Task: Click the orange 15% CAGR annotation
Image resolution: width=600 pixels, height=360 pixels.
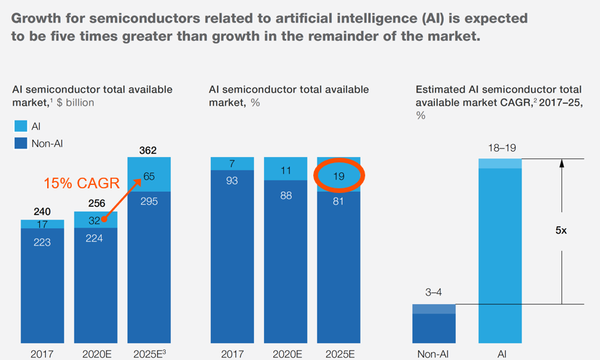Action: click(x=81, y=183)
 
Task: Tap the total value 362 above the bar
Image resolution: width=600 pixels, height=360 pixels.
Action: click(x=148, y=150)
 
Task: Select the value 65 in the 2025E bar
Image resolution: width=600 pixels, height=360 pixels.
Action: click(x=149, y=176)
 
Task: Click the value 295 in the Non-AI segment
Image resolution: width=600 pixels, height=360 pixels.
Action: click(x=149, y=200)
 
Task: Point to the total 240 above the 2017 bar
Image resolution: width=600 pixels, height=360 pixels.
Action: click(x=42, y=212)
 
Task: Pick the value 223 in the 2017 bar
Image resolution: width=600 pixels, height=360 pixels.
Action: click(x=42, y=242)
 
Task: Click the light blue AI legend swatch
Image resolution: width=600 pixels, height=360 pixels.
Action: click(x=21, y=126)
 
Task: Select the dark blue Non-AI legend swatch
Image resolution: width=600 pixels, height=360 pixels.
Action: click(x=21, y=143)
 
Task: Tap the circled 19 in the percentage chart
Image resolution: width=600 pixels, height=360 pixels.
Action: click(x=339, y=177)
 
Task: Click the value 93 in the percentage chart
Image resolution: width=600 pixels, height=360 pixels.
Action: click(x=231, y=180)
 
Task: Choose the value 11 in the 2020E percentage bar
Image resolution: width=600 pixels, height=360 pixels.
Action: click(x=285, y=170)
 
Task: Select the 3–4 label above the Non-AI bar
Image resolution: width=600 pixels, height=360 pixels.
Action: click(x=434, y=292)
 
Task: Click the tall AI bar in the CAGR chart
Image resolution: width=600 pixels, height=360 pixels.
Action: click(x=500, y=253)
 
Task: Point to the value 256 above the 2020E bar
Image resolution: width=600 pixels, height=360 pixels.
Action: click(x=95, y=204)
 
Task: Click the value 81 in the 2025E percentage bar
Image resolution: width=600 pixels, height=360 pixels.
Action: click(x=339, y=200)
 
